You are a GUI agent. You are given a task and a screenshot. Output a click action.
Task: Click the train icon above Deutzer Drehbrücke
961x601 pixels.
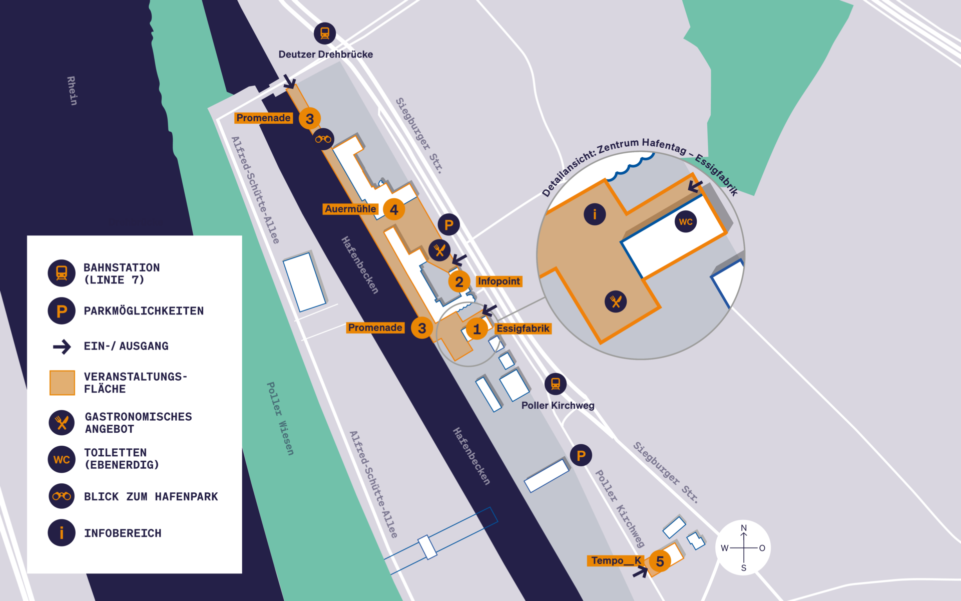(325, 34)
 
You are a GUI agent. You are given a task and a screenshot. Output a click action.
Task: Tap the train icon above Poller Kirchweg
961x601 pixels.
(556, 384)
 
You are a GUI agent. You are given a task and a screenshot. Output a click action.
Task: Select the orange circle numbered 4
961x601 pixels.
(394, 210)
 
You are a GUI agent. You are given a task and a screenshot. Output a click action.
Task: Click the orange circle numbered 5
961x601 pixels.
(660, 561)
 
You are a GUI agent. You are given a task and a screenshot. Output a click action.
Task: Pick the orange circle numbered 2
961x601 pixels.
(459, 282)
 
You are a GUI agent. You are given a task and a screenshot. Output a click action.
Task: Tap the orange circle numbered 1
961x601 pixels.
(476, 329)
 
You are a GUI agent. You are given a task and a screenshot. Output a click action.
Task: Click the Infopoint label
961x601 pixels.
(499, 281)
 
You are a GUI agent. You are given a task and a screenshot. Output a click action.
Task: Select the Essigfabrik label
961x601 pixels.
(523, 329)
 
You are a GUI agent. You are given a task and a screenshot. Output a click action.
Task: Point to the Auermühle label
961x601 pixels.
(350, 209)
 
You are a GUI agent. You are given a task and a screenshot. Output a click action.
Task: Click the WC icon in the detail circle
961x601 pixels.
(686, 221)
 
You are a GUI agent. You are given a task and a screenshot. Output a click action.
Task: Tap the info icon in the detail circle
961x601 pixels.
(595, 214)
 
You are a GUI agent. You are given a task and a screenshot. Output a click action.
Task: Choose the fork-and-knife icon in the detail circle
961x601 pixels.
(616, 302)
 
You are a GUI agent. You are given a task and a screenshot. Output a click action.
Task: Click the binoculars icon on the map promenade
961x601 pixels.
(323, 139)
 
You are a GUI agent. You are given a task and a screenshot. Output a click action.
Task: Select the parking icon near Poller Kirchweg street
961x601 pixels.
(581, 456)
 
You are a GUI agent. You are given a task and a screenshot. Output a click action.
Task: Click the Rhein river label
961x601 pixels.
(72, 91)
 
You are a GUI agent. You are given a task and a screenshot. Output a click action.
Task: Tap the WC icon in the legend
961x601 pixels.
(62, 459)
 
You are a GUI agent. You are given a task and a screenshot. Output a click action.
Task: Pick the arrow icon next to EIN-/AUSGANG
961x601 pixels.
(62, 347)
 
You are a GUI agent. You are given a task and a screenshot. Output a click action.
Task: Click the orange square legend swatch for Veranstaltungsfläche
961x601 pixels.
(62, 383)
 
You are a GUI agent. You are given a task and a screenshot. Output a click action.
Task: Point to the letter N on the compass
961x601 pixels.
(744, 528)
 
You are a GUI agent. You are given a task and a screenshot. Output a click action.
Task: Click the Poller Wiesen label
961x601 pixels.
(280, 419)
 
